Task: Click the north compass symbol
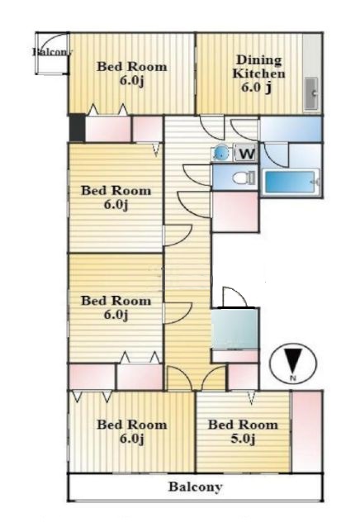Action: (x=293, y=363)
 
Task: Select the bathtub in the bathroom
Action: (x=290, y=182)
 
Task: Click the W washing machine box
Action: (x=246, y=154)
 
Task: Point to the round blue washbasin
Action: (x=220, y=154)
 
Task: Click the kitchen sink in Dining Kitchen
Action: (x=310, y=93)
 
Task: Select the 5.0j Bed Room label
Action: (x=243, y=431)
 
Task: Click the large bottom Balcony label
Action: (x=196, y=487)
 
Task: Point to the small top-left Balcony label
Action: (x=53, y=52)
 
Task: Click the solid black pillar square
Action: (x=77, y=128)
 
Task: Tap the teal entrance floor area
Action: (x=235, y=328)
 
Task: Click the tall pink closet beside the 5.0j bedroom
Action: (x=307, y=431)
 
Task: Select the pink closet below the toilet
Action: (x=235, y=211)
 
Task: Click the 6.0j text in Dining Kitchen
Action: (x=256, y=88)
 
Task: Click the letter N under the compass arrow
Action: (x=294, y=378)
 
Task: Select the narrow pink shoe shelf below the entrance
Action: (x=235, y=356)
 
